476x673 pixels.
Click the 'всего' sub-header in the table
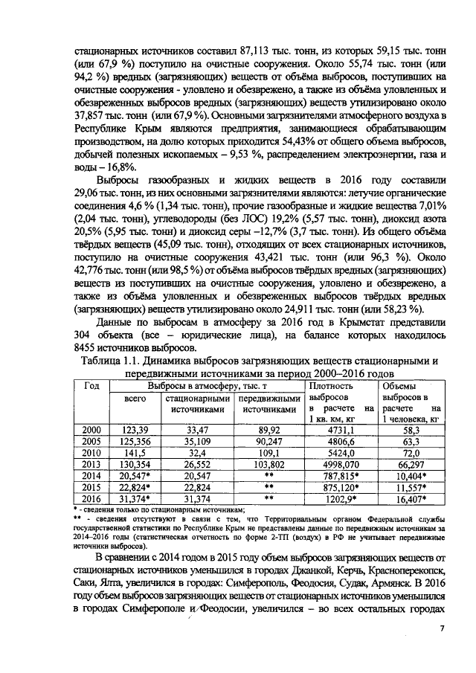[135, 399]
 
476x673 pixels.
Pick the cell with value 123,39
[135, 430]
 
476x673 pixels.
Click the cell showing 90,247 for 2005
[268, 441]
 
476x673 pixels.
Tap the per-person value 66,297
[410, 463]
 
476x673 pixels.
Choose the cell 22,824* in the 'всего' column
[135, 486]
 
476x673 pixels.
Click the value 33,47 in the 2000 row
[196, 430]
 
